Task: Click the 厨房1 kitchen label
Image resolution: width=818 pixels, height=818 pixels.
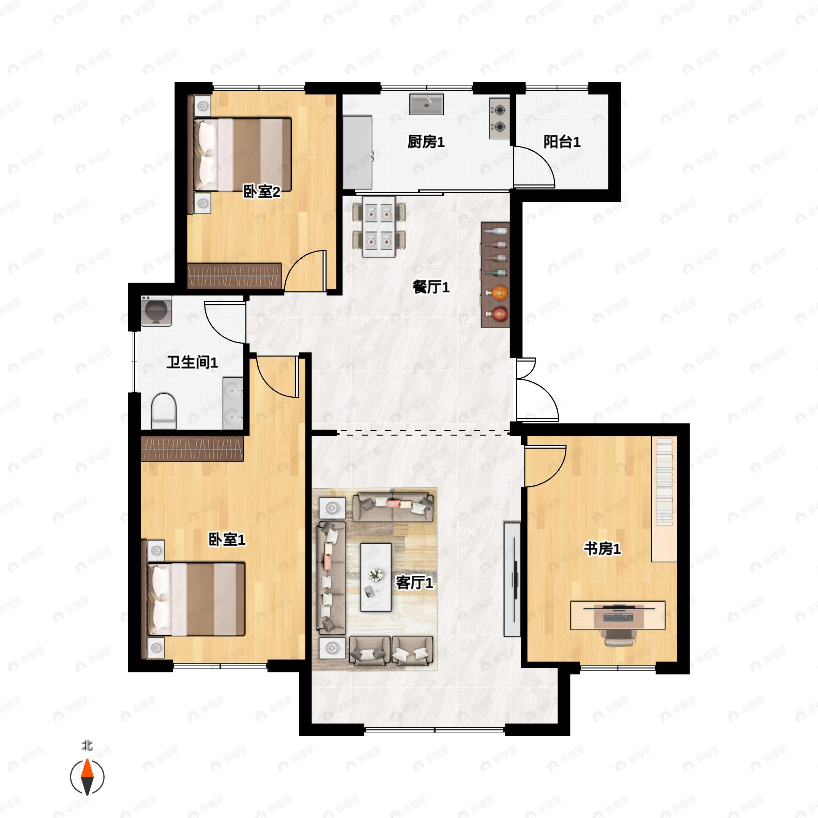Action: [x=426, y=142]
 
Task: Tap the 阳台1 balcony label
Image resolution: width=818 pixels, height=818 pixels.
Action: [x=562, y=142]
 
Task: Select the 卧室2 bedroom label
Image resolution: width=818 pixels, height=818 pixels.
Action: [x=262, y=192]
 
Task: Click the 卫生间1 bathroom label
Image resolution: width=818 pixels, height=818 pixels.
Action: [x=192, y=362]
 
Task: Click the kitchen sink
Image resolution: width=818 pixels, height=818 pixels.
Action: [x=426, y=104]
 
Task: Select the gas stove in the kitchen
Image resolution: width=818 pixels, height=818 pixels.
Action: [x=500, y=119]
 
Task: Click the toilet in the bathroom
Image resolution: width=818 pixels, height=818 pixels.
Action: [x=164, y=411]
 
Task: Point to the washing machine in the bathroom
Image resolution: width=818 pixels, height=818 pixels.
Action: [x=156, y=311]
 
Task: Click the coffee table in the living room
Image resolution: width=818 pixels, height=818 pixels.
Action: [x=376, y=577]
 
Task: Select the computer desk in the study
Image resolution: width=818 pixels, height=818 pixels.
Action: [x=618, y=615]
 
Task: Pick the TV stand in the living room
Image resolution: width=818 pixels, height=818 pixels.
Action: [x=512, y=579]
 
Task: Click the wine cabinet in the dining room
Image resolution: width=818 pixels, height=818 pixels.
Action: [x=495, y=275]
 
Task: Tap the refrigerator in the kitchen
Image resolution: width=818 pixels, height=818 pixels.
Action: [x=357, y=152]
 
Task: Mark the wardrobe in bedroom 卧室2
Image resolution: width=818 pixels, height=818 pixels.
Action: [x=234, y=276]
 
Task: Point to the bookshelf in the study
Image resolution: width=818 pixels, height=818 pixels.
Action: [x=664, y=500]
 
